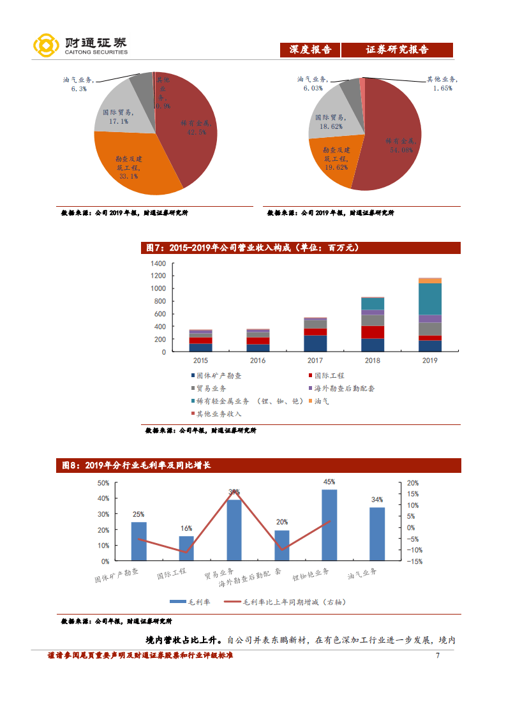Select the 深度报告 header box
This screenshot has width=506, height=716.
coord(310,50)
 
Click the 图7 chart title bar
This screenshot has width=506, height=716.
coord(300,248)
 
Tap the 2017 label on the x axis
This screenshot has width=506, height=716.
coord(315,361)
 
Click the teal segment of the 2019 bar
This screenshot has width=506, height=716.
coord(430,299)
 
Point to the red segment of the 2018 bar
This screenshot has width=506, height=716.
coord(373,332)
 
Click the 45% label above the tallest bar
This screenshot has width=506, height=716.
coord(329,482)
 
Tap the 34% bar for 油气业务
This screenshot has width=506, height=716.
coord(377,534)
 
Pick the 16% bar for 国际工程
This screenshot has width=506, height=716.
coord(186,548)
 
